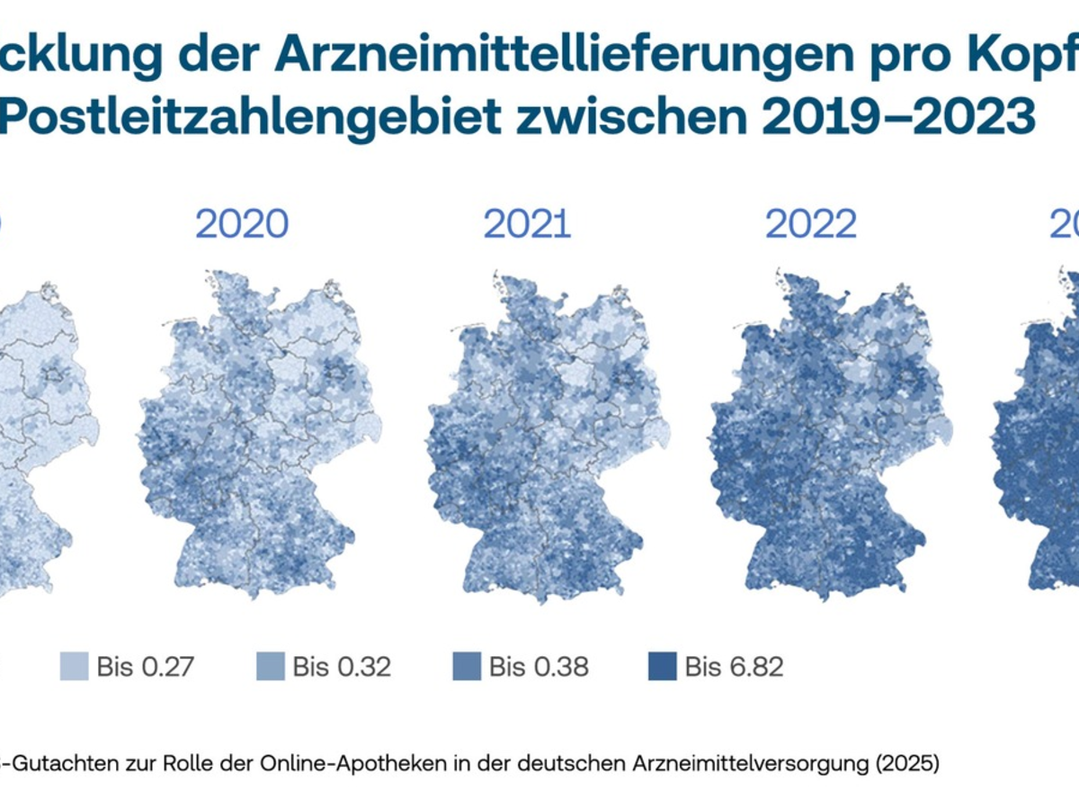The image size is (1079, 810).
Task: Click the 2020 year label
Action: tap(242, 224)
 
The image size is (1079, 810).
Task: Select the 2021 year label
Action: tap(527, 224)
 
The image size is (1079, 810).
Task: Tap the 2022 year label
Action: tap(811, 224)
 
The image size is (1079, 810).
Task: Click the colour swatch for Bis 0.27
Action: tap(74, 667)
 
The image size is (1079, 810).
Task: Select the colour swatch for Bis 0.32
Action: tap(270, 667)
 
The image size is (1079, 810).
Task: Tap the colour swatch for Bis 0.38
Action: tap(467, 667)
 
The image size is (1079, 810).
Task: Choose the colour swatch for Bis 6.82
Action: tap(663, 667)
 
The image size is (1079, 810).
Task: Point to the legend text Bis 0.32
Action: tap(342, 667)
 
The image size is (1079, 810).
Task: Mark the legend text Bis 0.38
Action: tap(539, 667)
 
